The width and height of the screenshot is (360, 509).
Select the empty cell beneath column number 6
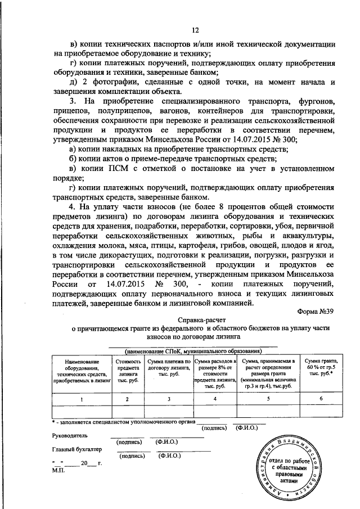click(x=319, y=413)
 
